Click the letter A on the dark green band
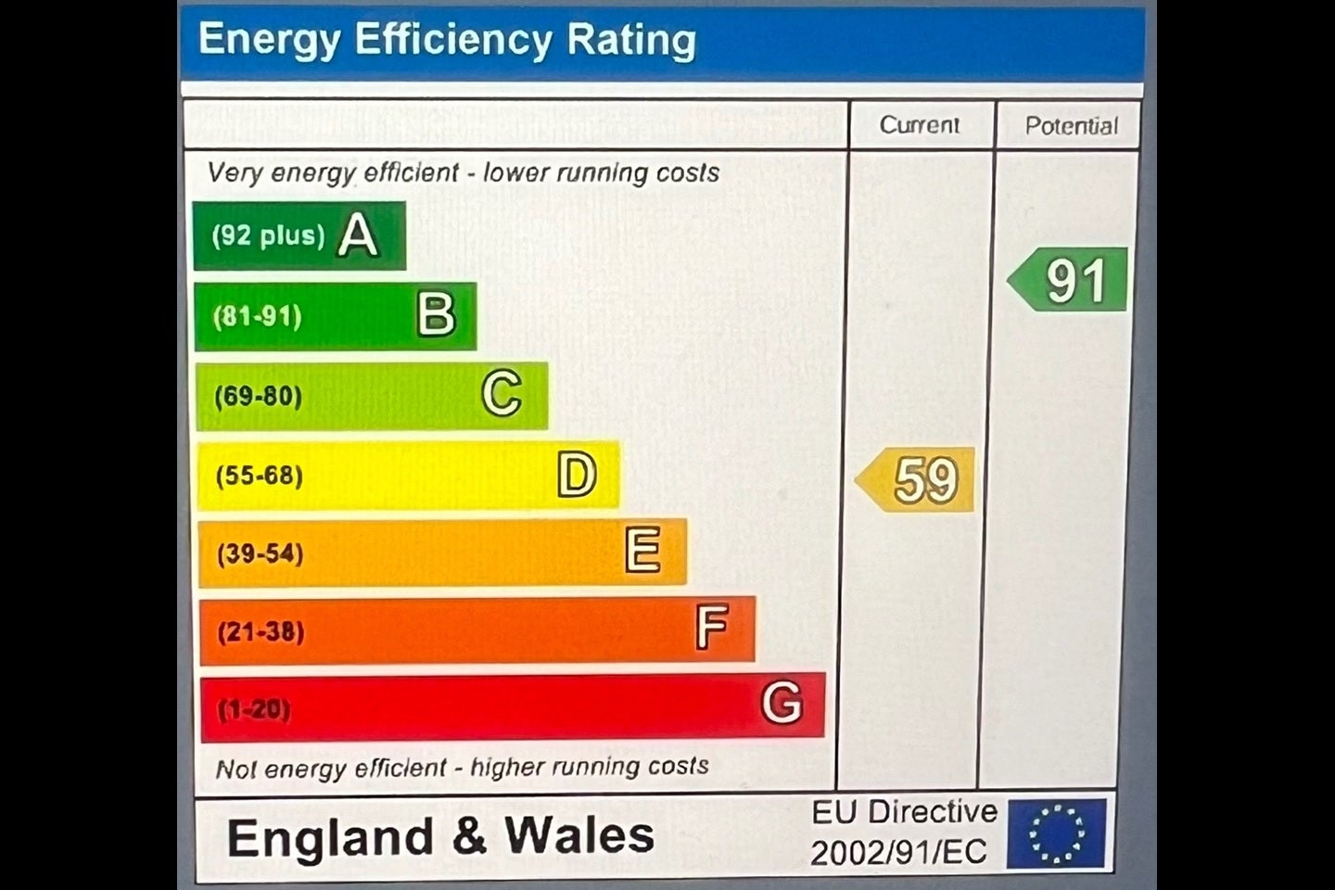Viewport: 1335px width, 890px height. click(x=358, y=235)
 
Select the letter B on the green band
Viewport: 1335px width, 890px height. click(x=437, y=314)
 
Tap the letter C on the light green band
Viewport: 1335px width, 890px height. click(x=502, y=393)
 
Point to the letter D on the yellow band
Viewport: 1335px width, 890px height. click(x=577, y=474)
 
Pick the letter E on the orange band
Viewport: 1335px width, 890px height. click(x=643, y=550)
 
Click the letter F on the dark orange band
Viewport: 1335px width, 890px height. click(x=712, y=627)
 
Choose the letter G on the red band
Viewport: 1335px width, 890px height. click(x=782, y=702)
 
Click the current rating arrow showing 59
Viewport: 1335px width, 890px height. click(x=915, y=480)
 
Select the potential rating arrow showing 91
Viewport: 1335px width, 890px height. click(x=1067, y=280)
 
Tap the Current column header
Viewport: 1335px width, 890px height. click(x=920, y=125)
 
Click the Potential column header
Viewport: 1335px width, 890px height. click(x=1072, y=126)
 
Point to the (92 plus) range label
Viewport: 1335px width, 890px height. click(x=269, y=235)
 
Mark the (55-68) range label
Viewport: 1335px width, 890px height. click(x=260, y=476)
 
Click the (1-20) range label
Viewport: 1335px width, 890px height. click(x=254, y=709)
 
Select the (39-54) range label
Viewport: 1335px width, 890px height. click(x=260, y=553)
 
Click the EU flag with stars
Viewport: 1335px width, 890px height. click(x=1057, y=833)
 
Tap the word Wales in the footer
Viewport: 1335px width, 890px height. click(x=579, y=835)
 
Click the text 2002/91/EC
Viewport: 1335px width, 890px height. click(x=898, y=852)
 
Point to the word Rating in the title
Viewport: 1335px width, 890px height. click(x=631, y=41)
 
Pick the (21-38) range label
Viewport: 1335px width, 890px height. click(x=261, y=632)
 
